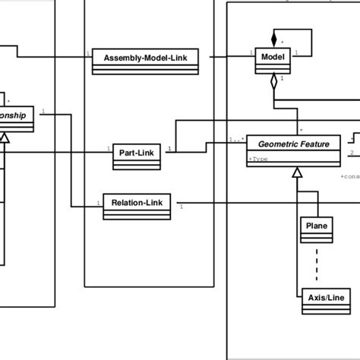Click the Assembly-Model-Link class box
(145, 61)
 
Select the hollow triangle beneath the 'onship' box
(5, 137)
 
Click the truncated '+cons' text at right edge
(349, 176)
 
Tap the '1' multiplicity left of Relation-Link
(98, 201)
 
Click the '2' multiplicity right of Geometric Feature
(352, 152)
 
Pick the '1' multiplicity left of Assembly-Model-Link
(88, 52)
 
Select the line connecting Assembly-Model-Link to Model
(226, 56)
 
